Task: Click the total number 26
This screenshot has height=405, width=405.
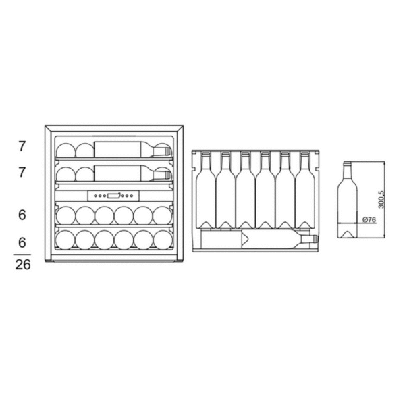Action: (23, 265)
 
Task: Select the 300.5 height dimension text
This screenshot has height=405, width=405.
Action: (381, 199)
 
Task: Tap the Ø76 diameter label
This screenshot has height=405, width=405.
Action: (369, 220)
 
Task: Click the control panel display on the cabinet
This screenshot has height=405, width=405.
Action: (113, 196)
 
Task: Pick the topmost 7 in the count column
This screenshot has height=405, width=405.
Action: (22, 146)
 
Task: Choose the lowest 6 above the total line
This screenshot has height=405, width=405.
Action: (22, 242)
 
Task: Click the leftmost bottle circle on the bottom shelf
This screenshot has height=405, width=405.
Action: (65, 240)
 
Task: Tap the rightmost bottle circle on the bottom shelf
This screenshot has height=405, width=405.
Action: (163, 240)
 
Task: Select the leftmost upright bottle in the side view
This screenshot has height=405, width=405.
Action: (206, 190)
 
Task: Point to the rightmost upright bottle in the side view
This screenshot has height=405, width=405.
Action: (305, 190)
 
